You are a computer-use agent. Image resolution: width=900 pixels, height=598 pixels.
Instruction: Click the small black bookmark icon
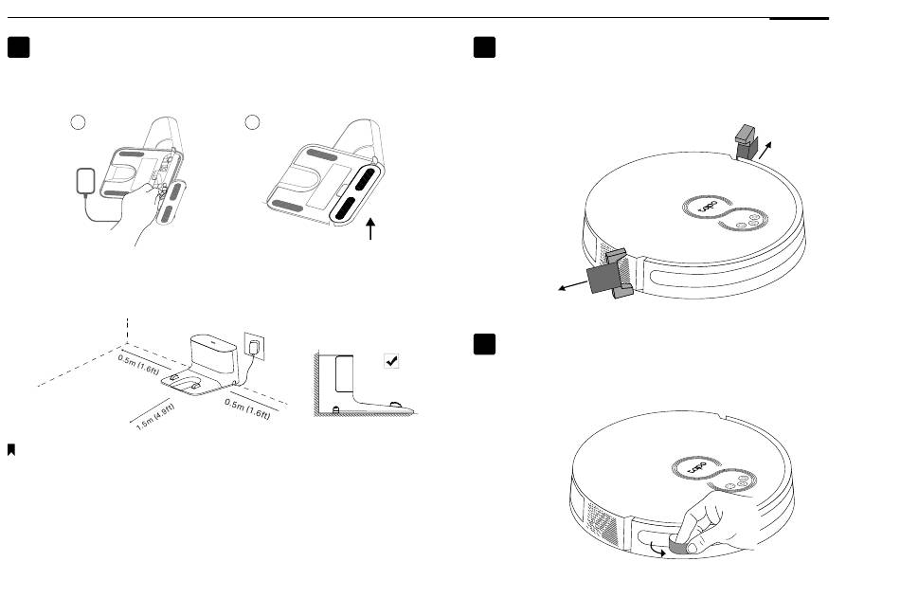11,450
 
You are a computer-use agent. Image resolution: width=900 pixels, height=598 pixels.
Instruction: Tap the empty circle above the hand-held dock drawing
79,122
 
